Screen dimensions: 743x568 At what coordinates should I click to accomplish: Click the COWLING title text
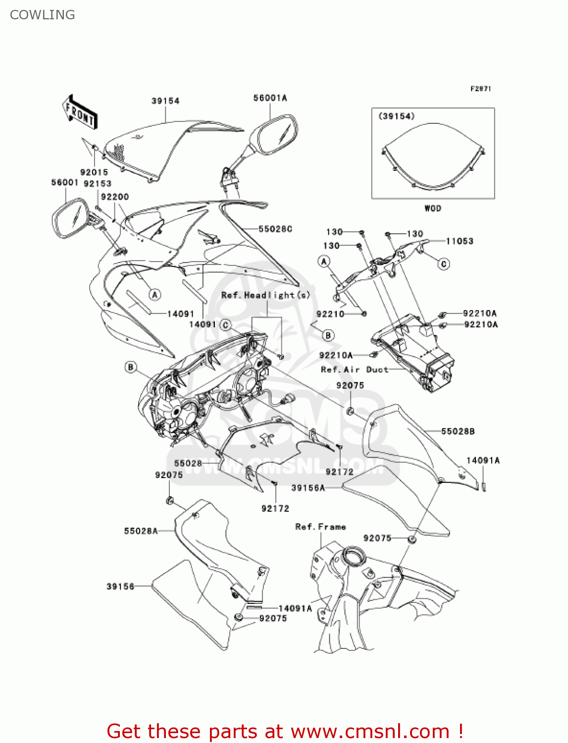click(43, 15)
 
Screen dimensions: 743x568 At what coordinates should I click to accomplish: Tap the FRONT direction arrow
click(80, 112)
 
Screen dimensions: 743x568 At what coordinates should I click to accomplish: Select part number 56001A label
click(270, 98)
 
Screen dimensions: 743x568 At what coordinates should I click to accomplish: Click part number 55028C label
click(275, 229)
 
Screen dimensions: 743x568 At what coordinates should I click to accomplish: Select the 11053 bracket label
click(460, 241)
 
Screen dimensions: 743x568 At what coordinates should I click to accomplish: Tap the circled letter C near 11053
click(444, 264)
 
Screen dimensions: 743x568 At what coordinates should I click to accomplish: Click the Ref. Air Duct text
click(355, 370)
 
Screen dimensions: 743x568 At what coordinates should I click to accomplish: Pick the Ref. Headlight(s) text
click(265, 295)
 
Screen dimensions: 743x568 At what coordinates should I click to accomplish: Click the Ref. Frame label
click(320, 527)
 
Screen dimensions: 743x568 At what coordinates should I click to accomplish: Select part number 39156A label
click(308, 488)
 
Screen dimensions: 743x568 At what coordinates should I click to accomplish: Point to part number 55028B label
click(458, 431)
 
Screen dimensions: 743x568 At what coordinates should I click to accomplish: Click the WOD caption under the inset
click(432, 208)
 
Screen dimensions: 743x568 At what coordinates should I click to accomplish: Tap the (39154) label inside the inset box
click(396, 116)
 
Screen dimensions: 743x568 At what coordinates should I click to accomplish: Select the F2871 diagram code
click(480, 89)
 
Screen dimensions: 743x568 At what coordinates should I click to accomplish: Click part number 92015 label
click(94, 172)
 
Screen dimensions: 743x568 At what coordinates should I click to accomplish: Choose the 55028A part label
click(141, 531)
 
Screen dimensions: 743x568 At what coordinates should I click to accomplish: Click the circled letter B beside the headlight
click(131, 367)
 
